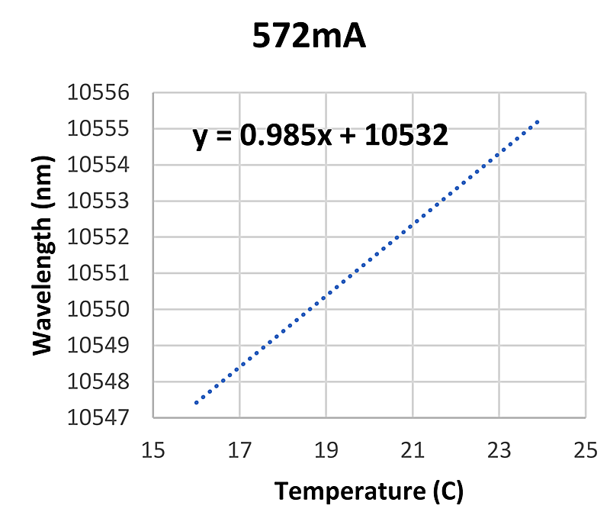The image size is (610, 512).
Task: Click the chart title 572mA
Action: [310, 36]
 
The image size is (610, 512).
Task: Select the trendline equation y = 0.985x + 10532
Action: [319, 137]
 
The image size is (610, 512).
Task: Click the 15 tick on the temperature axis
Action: [153, 451]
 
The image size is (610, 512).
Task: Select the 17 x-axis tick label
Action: [239, 451]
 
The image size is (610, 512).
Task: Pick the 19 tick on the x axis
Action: [326, 451]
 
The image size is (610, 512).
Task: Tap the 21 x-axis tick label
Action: [412, 451]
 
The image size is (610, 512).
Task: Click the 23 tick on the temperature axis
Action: [498, 451]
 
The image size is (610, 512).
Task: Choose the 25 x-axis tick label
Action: [584, 451]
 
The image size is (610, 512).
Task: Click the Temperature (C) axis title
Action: [368, 491]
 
